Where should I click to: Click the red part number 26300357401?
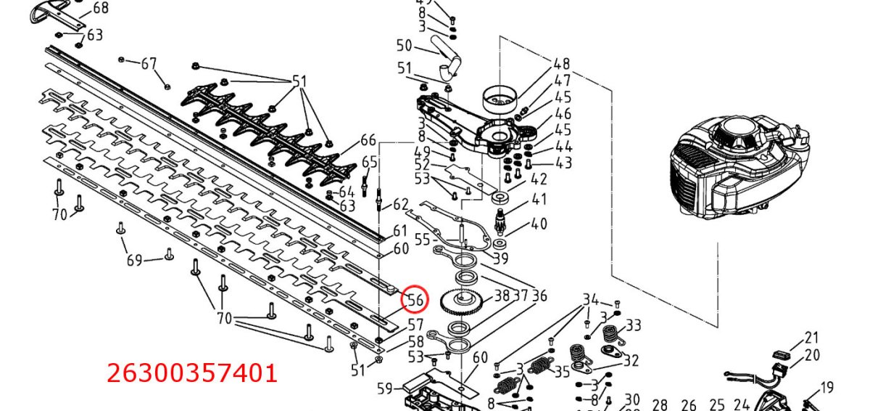pyautogui.click(x=192, y=373)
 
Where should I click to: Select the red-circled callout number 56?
pyautogui.click(x=415, y=300)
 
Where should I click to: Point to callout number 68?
pyautogui.click(x=101, y=9)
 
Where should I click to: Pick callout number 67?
pyautogui.click(x=149, y=64)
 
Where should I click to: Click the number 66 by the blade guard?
pyautogui.click(x=368, y=140)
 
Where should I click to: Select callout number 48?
pyautogui.click(x=562, y=64)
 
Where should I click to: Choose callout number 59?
pyautogui.click(x=384, y=388)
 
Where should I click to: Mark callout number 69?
pyautogui.click(x=134, y=259)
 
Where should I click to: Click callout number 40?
pyautogui.click(x=539, y=224)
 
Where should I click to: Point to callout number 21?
pyautogui.click(x=812, y=337)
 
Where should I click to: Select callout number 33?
pyautogui.click(x=634, y=325)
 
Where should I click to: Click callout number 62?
pyautogui.click(x=401, y=205)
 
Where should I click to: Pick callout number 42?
pyautogui.click(x=539, y=179)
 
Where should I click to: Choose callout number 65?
pyautogui.click(x=370, y=161)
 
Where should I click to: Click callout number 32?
pyautogui.click(x=631, y=360)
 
